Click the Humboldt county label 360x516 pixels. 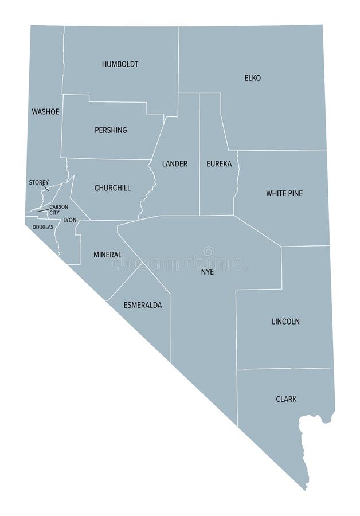[120, 64]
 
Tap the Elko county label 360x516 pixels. [252, 78]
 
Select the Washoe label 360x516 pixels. [45, 111]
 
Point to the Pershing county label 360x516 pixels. [111, 130]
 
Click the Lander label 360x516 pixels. [174, 164]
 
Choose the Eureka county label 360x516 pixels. [219, 164]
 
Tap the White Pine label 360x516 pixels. [284, 193]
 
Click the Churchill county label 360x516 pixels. [112, 188]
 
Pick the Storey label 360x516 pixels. [39, 182]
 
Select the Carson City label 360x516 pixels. [58, 210]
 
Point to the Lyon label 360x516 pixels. [69, 220]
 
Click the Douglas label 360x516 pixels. [42, 227]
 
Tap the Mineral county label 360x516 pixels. [107, 255]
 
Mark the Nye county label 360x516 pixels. [208, 272]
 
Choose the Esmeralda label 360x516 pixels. [143, 305]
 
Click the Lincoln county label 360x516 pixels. [285, 322]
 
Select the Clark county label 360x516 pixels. [286, 399]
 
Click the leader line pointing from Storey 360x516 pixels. [46, 187]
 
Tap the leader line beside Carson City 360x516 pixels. [42, 210]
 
